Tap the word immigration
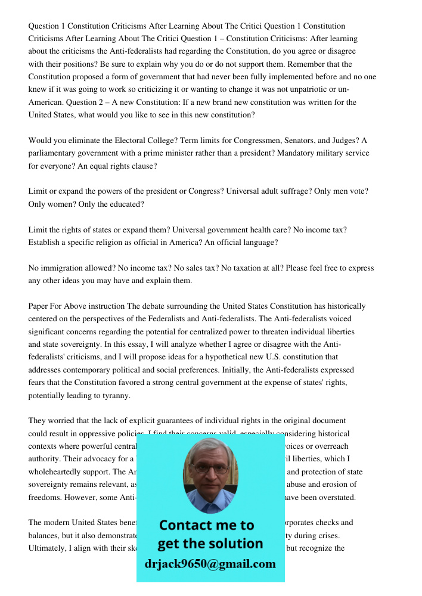76,268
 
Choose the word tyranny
116,396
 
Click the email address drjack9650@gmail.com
210,564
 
